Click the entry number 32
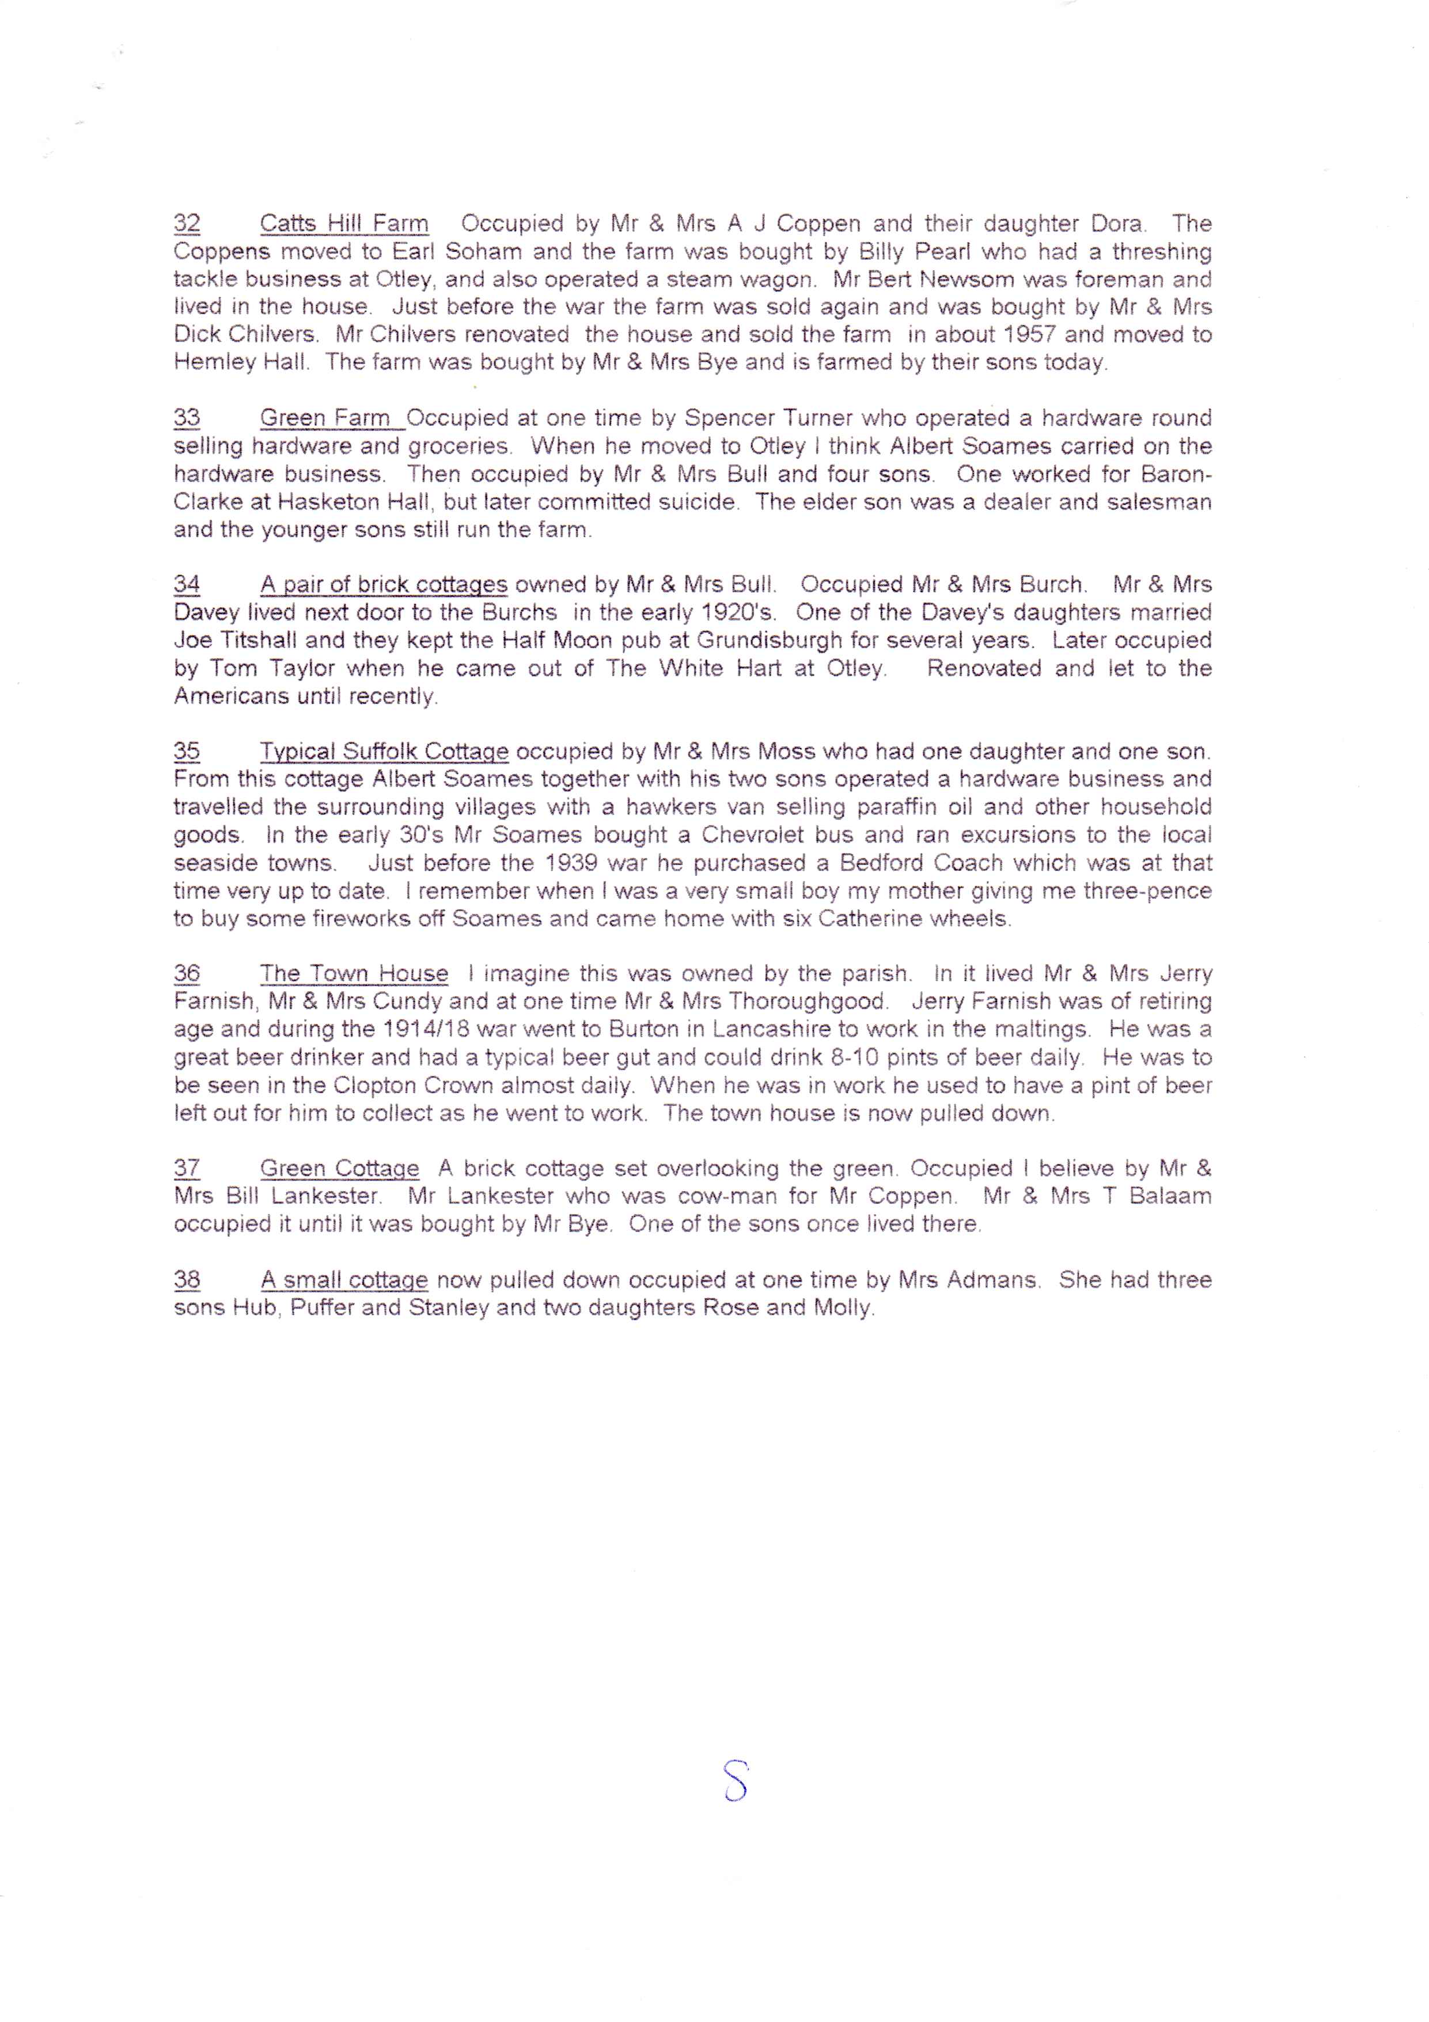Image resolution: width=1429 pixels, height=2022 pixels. click(187, 224)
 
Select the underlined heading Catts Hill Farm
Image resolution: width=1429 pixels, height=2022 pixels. click(344, 224)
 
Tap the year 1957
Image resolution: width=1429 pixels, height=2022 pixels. click(1029, 335)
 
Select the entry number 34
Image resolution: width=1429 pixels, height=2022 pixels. click(187, 585)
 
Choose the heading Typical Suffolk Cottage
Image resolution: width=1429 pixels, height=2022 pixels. click(384, 752)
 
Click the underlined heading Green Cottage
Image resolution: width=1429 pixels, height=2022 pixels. click(339, 1169)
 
